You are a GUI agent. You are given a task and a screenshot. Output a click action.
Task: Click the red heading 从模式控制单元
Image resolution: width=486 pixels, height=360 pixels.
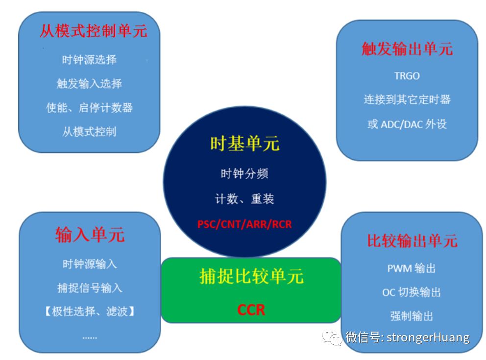[94, 31]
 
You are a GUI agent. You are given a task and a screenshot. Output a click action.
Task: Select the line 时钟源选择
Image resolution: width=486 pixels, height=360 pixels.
[89, 60]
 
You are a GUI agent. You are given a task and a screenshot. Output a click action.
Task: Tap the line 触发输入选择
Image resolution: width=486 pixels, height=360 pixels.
[89, 84]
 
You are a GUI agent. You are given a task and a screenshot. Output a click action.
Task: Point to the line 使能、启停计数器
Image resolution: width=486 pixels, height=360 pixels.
[89, 107]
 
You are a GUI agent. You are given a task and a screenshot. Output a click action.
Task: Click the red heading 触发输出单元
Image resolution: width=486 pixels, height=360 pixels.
[407, 48]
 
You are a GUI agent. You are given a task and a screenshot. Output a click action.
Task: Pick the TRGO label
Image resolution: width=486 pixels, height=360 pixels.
[407, 76]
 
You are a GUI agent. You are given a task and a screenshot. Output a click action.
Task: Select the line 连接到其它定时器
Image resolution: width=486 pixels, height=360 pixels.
[407, 99]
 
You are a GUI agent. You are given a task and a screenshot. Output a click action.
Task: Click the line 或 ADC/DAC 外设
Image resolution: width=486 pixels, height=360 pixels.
[407, 124]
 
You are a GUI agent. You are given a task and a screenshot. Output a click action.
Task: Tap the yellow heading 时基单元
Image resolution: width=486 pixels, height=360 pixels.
[244, 144]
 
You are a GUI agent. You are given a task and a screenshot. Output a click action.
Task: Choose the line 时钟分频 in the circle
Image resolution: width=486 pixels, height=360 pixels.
[244, 173]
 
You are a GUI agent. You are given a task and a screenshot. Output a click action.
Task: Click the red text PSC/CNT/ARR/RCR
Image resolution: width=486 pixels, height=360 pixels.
[244, 224]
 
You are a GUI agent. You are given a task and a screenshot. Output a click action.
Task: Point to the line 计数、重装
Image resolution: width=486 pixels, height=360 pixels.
[244, 199]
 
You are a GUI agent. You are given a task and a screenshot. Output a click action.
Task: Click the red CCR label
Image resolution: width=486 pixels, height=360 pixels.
[251, 310]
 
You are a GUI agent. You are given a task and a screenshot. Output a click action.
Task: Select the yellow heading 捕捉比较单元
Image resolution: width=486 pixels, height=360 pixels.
[251, 277]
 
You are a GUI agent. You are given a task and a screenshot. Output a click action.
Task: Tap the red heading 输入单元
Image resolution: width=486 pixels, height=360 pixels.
[90, 235]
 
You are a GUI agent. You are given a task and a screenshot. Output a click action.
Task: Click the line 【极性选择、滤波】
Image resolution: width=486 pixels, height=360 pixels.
[90, 311]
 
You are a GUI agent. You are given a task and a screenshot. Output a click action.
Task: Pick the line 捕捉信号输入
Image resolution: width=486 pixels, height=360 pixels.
[90, 288]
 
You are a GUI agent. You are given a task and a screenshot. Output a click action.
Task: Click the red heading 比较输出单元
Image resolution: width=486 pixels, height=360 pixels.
[412, 240]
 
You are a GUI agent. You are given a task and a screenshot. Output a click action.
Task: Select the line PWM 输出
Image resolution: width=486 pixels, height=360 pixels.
[412, 268]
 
